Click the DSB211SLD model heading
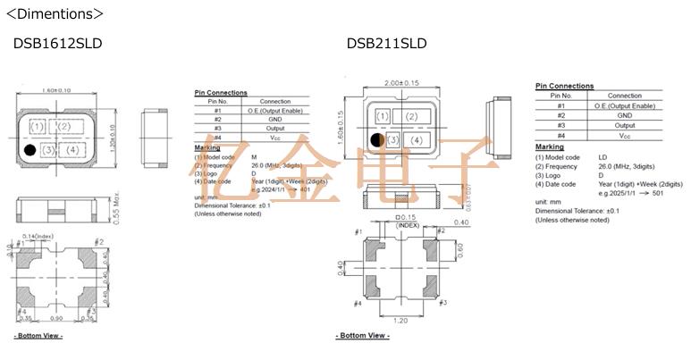click(x=386, y=44)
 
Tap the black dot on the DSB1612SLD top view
click(x=29, y=150)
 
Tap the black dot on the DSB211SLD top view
click(x=377, y=140)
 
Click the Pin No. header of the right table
click(x=560, y=96)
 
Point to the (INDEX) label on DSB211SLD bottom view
click(x=408, y=225)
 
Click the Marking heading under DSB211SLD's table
click(x=550, y=147)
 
